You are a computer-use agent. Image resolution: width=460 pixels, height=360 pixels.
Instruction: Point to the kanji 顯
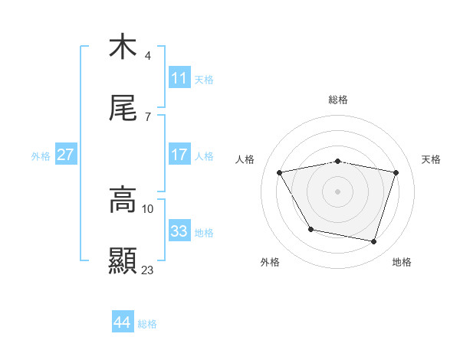[x=123, y=261]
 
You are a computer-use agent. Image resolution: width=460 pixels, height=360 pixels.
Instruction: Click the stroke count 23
[x=148, y=270]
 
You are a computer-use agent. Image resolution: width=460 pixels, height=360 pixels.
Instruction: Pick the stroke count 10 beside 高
[x=148, y=208]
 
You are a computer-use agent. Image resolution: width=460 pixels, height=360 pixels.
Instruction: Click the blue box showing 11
[x=179, y=78]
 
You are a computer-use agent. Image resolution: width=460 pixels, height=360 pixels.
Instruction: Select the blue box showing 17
[x=179, y=155]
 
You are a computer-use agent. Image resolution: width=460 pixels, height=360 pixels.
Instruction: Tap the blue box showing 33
[x=179, y=231]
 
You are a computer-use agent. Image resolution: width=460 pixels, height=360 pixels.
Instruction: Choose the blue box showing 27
[x=65, y=155]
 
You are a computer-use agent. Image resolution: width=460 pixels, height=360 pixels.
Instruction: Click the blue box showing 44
[x=122, y=322]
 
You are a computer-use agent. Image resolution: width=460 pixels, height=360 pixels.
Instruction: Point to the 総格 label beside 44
[x=147, y=324]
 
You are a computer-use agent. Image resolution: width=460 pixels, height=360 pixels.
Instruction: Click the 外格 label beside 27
[x=41, y=156]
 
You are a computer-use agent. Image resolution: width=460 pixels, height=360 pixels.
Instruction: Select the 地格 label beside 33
[x=204, y=233]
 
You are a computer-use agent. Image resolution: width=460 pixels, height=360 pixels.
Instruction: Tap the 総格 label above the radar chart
[x=337, y=100]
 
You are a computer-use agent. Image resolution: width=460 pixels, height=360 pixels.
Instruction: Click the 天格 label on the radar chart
[x=431, y=159]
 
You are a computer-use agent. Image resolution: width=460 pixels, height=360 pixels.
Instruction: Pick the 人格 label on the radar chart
[x=245, y=159]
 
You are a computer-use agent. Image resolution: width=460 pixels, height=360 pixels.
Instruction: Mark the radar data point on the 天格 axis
[x=396, y=172]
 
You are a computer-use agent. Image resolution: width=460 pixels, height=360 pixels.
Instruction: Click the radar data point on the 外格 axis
[x=310, y=229]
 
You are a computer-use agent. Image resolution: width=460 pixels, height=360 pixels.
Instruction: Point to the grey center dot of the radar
[x=337, y=191]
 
